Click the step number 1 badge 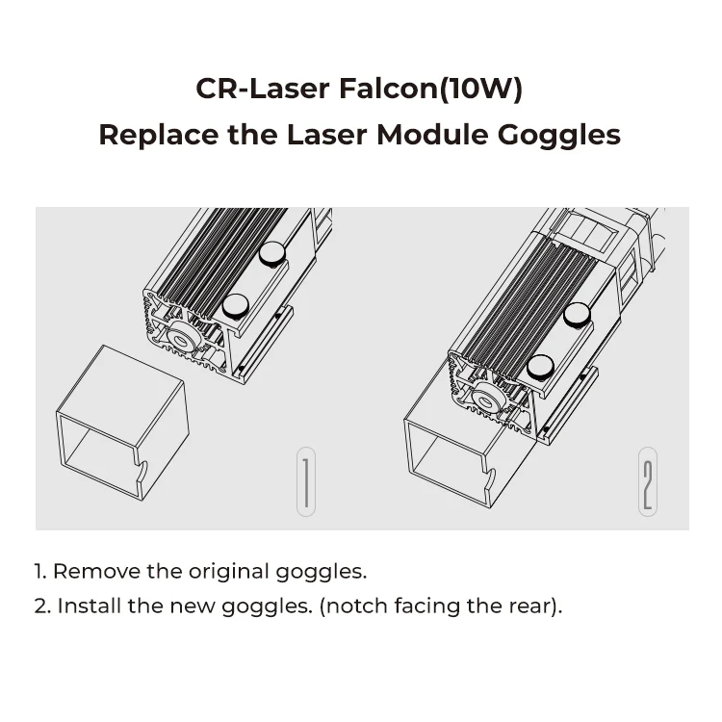coord(305,481)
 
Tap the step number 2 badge coord(648,481)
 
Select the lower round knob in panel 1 coord(235,306)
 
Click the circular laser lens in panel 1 coord(180,339)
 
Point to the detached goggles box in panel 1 coord(120,424)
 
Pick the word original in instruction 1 coord(228,571)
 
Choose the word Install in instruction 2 coord(87,606)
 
